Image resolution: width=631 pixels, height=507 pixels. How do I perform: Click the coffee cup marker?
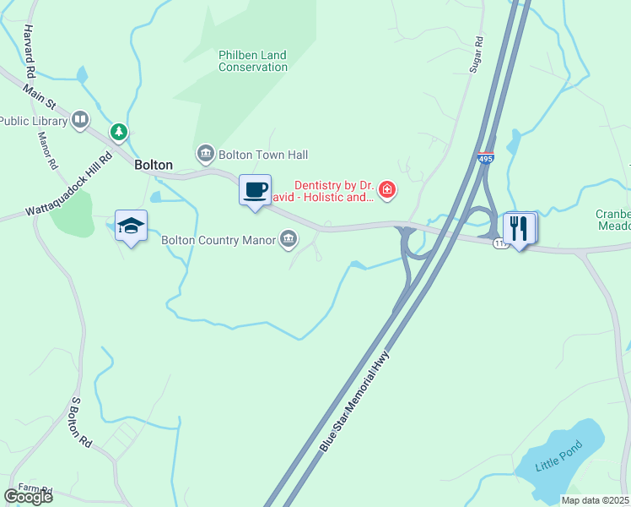(255, 190)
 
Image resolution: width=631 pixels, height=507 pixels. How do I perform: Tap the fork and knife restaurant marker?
(519, 228)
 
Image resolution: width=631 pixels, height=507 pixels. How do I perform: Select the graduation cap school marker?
(131, 226)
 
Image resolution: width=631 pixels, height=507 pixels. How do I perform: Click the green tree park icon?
(120, 132)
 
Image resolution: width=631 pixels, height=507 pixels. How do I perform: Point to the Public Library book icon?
(80, 120)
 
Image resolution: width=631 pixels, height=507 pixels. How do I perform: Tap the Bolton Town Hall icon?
(205, 154)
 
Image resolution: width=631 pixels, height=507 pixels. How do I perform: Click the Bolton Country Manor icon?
(289, 240)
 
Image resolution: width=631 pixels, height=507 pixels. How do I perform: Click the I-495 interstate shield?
(485, 158)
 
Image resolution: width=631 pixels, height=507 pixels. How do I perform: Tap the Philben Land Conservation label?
(253, 61)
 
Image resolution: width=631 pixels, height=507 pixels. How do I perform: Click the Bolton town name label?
(154, 166)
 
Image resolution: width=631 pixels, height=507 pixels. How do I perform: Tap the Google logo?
(28, 497)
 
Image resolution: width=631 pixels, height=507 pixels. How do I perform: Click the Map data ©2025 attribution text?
(596, 500)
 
